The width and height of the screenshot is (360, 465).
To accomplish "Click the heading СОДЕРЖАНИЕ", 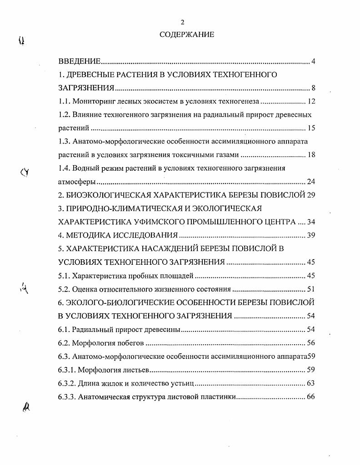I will tap(186, 35).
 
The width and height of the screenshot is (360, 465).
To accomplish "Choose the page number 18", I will tap(311, 155).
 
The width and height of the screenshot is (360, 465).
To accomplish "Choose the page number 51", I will tap(311, 289).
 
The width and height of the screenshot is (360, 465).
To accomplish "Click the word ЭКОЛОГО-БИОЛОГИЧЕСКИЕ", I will tap(128, 302).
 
